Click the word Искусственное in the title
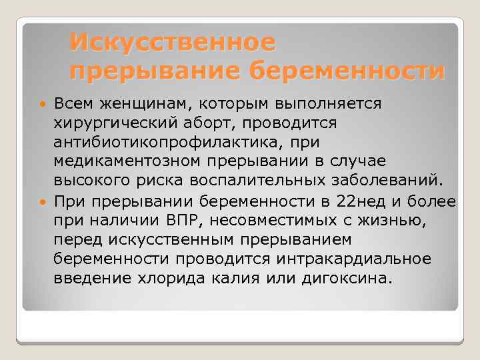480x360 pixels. (x=172, y=43)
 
